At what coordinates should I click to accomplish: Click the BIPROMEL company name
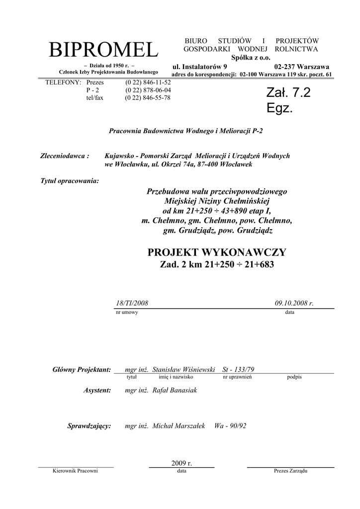(103, 50)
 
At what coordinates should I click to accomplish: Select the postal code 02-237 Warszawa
(301, 67)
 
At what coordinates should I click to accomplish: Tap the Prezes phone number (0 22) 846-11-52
(148, 83)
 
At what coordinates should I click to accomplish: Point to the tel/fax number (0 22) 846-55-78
(148, 98)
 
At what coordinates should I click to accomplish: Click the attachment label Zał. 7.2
(288, 92)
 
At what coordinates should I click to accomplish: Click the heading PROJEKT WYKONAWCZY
(217, 252)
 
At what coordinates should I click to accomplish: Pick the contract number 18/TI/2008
(132, 303)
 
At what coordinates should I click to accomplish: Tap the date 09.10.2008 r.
(294, 303)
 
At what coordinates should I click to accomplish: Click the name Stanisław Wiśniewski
(183, 370)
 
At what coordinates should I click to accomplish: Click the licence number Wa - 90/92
(230, 426)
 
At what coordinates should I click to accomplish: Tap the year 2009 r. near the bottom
(181, 463)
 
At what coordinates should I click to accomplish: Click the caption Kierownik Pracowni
(75, 471)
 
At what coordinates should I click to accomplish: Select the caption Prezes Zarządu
(291, 471)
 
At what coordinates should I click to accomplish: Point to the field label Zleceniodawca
(64, 156)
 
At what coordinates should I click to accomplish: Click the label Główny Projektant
(81, 370)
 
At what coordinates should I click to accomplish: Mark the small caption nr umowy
(127, 312)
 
